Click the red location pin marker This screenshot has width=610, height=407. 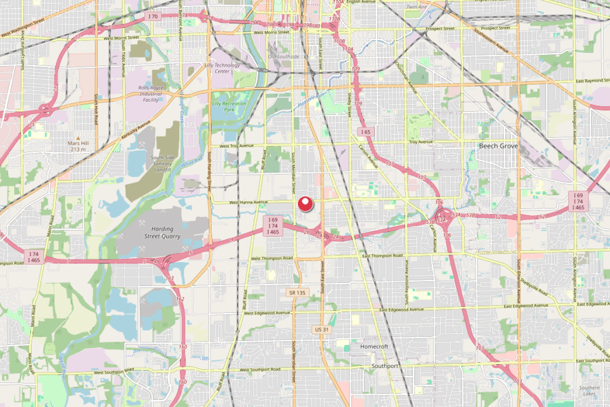click(306, 204)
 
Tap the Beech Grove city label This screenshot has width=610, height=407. click(499, 146)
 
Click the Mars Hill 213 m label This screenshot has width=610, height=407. click(82, 146)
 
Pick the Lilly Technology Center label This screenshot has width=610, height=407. click(221, 68)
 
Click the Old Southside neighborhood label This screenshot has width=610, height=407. click(284, 57)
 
